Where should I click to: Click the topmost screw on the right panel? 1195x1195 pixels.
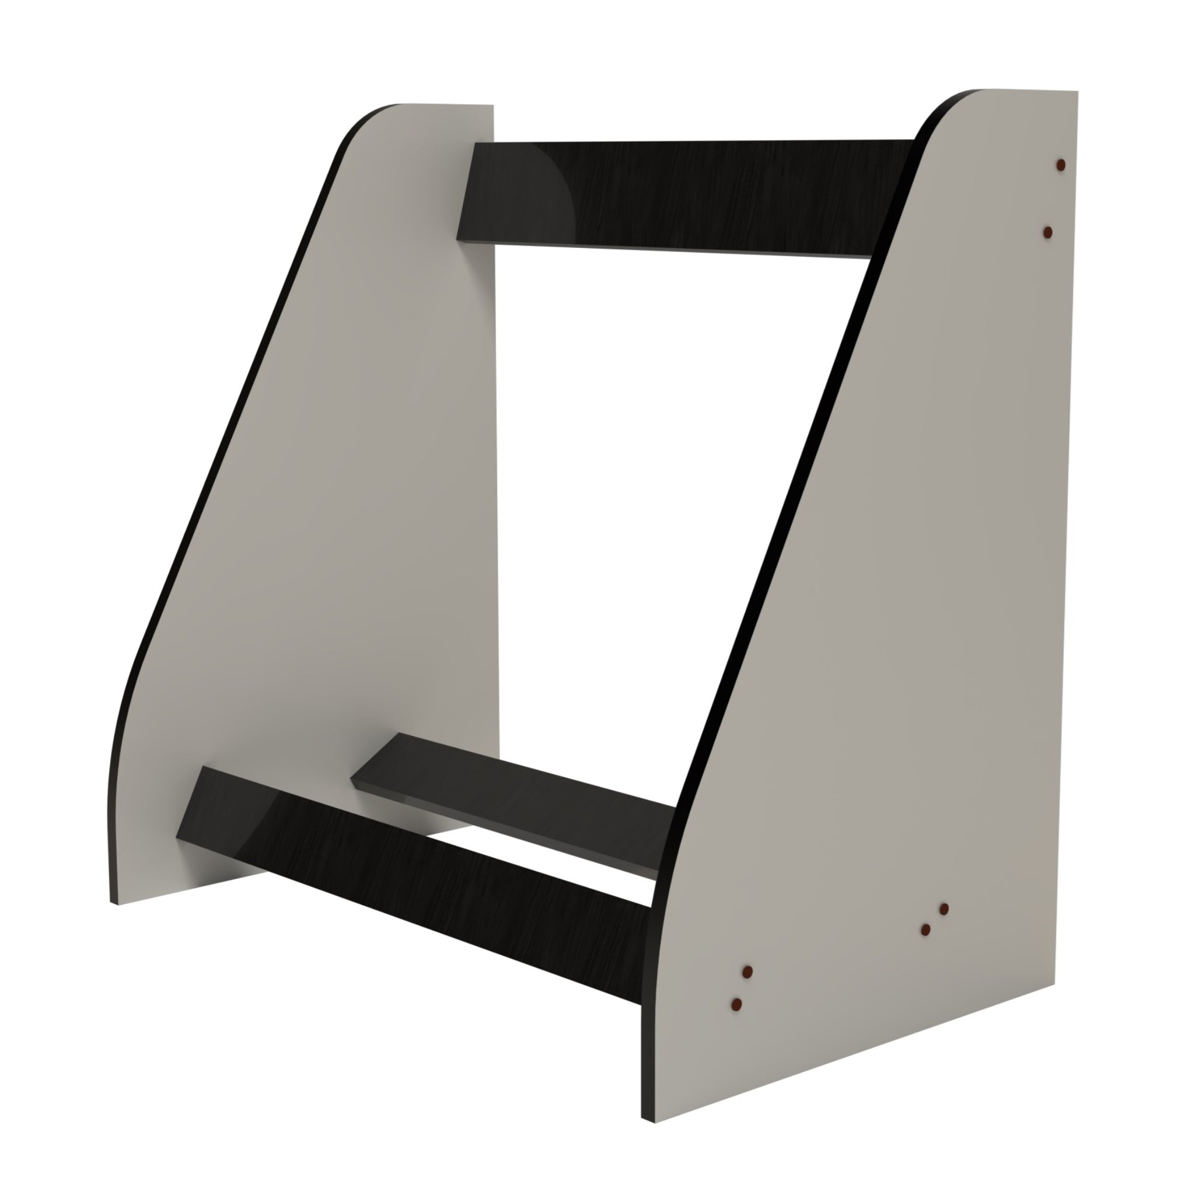coord(1060,165)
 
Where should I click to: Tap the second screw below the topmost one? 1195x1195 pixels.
coord(1048,232)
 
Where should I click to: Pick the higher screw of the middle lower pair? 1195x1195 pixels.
coord(944,909)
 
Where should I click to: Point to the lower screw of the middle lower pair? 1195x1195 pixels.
coord(926,930)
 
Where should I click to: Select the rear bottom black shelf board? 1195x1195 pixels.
coord(513,798)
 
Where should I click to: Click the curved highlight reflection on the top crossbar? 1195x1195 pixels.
coord(557,186)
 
